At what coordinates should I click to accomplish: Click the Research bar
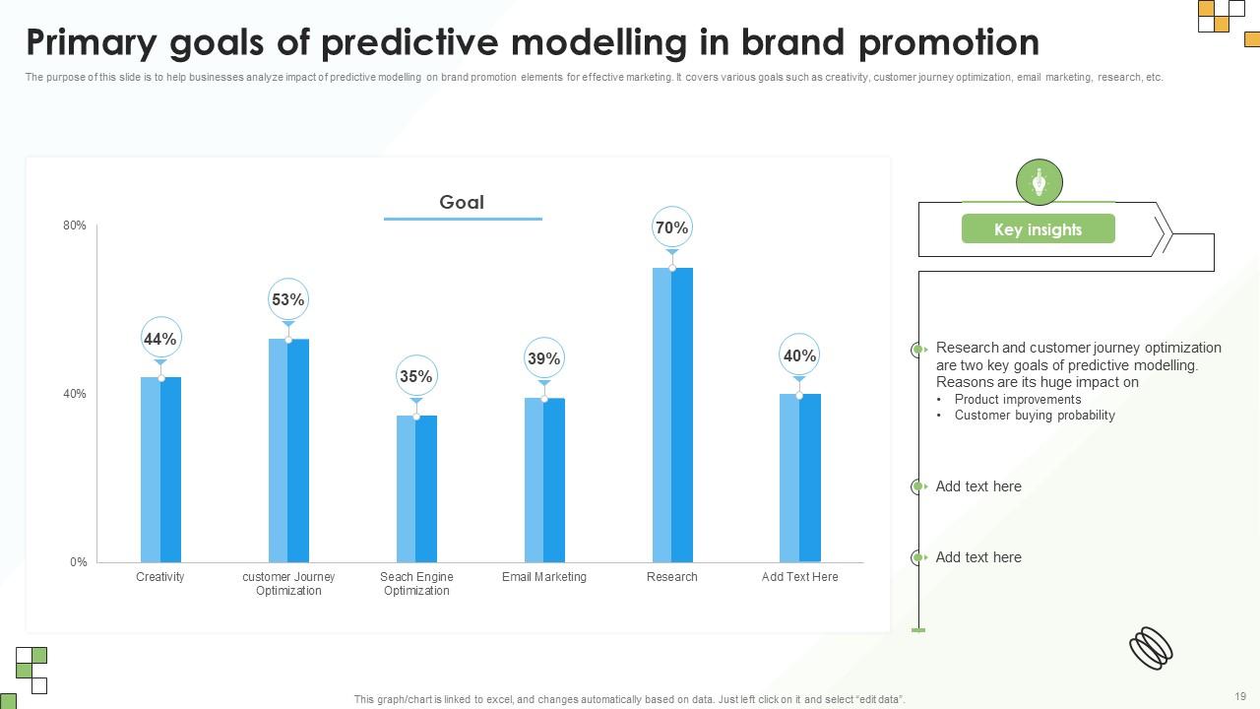pyautogui.click(x=672, y=414)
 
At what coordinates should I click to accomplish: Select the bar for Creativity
pyautogui.click(x=160, y=469)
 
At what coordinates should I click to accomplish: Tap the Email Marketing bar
pyautogui.click(x=544, y=480)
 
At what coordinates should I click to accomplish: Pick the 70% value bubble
pyautogui.click(x=671, y=228)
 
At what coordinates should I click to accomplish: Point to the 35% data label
pyautogui.click(x=416, y=376)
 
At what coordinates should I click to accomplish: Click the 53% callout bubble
pyautogui.click(x=288, y=300)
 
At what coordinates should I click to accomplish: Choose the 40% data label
pyautogui.click(x=799, y=356)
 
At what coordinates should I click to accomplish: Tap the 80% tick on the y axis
pyautogui.click(x=75, y=226)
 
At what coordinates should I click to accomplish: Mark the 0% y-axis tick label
pyautogui.click(x=79, y=562)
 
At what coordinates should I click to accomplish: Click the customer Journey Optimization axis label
pyautogui.click(x=288, y=584)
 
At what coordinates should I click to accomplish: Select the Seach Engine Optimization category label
pyautogui.click(x=416, y=584)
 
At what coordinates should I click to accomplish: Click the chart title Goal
pyautogui.click(x=462, y=202)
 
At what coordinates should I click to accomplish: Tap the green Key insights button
pyautogui.click(x=1038, y=229)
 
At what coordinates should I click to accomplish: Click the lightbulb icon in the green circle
pyautogui.click(x=1039, y=182)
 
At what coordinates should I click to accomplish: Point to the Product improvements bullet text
pyautogui.click(x=1018, y=400)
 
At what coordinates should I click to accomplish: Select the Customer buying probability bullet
pyautogui.click(x=1035, y=416)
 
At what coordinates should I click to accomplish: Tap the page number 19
pyautogui.click(x=1239, y=695)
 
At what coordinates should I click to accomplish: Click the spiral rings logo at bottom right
pyautogui.click(x=1151, y=648)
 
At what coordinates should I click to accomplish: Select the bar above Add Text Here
pyautogui.click(x=799, y=478)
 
